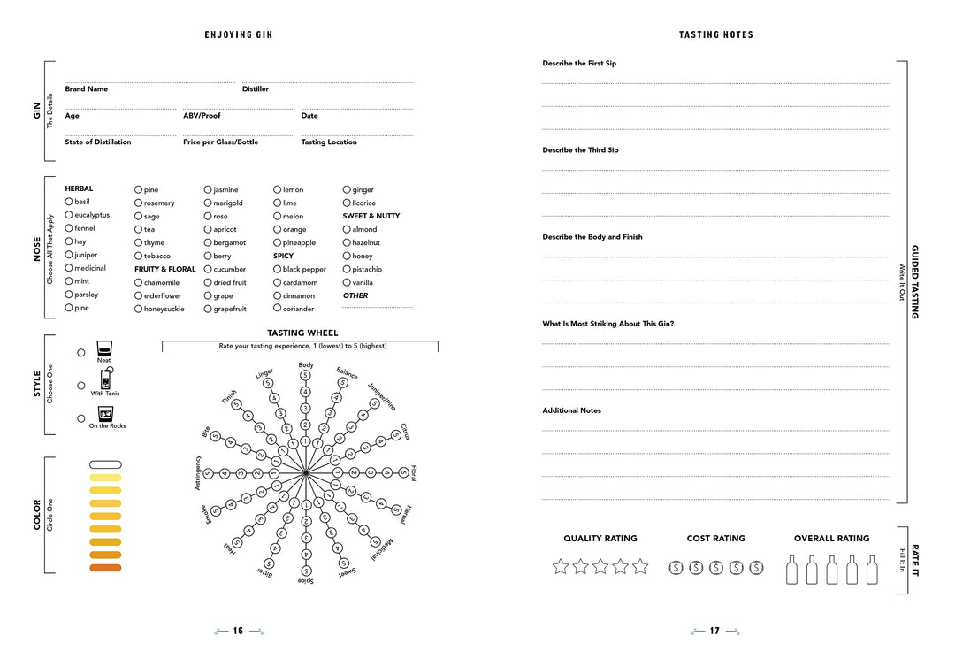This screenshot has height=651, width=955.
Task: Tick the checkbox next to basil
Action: (x=69, y=202)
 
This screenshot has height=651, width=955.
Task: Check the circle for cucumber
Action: (x=208, y=269)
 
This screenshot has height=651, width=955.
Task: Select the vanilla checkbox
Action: (x=347, y=282)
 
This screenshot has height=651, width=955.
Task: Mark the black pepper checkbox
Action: (x=277, y=269)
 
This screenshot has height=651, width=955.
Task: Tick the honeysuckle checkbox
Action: (x=138, y=309)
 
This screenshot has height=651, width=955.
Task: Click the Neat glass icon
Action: (x=103, y=348)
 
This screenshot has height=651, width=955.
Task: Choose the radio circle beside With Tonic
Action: (x=81, y=386)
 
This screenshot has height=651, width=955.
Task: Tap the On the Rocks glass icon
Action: (x=105, y=413)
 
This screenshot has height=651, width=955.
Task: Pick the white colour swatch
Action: (x=105, y=464)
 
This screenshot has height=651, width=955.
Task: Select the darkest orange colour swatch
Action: (x=105, y=568)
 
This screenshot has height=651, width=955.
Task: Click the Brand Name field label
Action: (x=86, y=89)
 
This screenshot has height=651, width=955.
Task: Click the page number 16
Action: (x=238, y=632)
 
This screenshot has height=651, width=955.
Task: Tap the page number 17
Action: (x=714, y=632)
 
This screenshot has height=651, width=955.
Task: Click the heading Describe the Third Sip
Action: (x=580, y=150)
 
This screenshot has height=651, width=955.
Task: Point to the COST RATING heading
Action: (x=715, y=539)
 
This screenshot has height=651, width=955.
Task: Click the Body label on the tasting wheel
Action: (x=306, y=365)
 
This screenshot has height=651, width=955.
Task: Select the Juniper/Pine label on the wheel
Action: (x=382, y=395)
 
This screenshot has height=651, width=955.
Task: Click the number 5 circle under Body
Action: (x=306, y=376)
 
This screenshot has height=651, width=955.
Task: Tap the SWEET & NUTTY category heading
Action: (x=371, y=216)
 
